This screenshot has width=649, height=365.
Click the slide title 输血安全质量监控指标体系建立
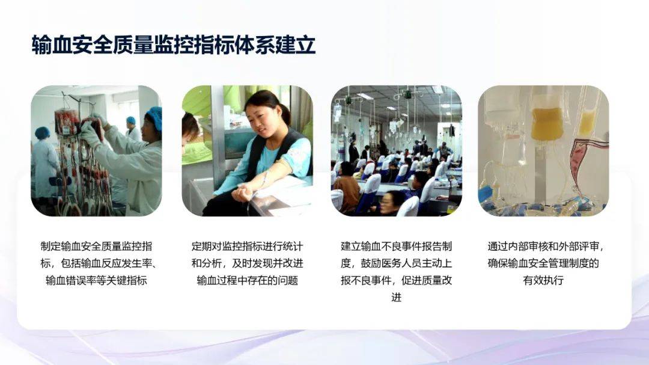pos(174,45)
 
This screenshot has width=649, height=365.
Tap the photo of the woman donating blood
pos(248,151)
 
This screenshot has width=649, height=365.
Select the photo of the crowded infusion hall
pos(397,151)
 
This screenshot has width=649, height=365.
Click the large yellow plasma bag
pos(546,123)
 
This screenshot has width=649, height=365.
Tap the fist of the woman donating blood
pos(242,194)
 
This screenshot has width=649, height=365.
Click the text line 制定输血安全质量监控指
pos(96,246)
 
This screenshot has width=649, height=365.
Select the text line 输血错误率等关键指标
pos(96,280)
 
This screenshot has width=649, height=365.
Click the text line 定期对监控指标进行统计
pos(247,246)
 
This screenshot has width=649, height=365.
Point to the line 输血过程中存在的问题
pos(247,280)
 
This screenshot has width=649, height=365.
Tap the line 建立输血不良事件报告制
pos(396,246)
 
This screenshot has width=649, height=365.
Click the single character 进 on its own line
pos(396,298)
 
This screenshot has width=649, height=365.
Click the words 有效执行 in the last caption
pos(543,280)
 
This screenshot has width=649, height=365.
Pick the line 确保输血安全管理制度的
pos(543,263)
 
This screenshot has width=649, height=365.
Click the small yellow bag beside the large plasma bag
pos(587,122)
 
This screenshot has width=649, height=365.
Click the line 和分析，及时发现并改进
pos(247,263)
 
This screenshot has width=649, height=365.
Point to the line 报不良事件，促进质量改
pos(396,280)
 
